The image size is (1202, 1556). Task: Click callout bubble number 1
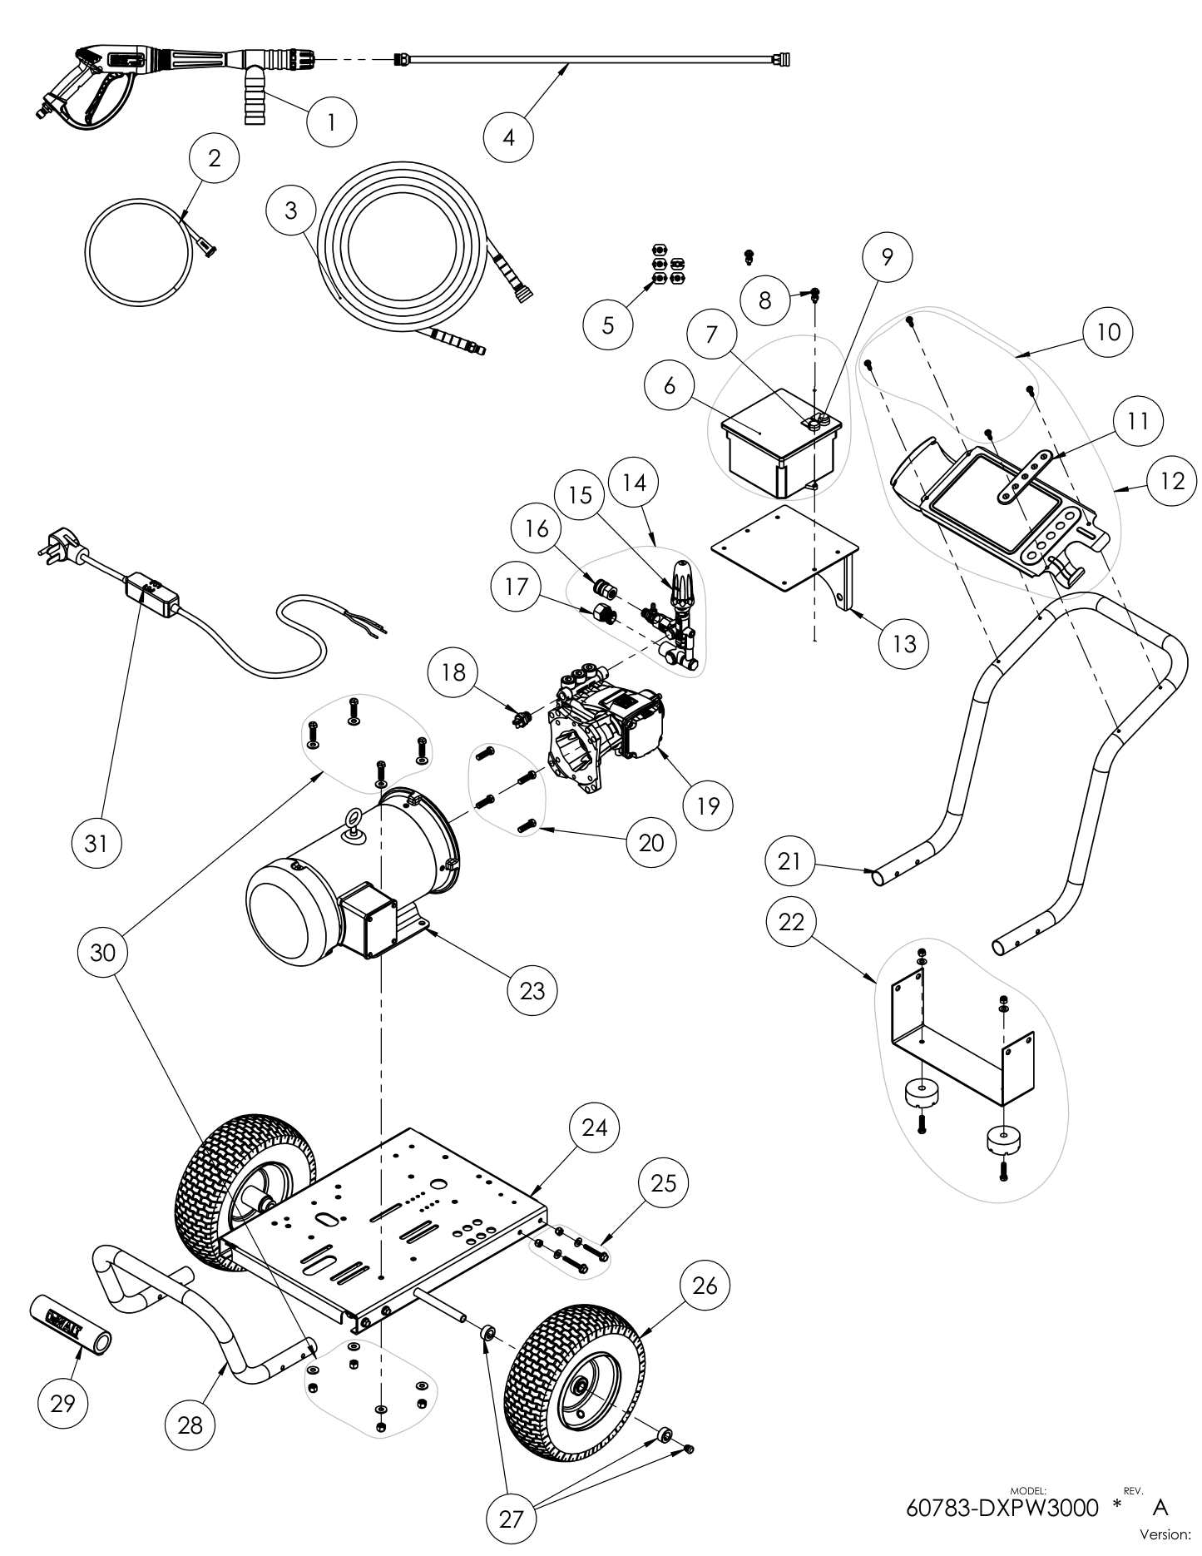point(331,123)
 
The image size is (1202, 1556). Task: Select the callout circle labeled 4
point(508,136)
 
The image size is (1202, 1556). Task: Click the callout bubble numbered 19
point(708,805)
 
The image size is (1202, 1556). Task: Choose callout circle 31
point(96,843)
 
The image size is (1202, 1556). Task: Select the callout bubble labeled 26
point(705,1286)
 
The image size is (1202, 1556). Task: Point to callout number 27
point(512,1519)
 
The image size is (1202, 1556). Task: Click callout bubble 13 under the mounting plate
point(904,642)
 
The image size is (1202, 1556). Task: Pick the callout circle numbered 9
point(887,257)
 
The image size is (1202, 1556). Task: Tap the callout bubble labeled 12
point(1172,480)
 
